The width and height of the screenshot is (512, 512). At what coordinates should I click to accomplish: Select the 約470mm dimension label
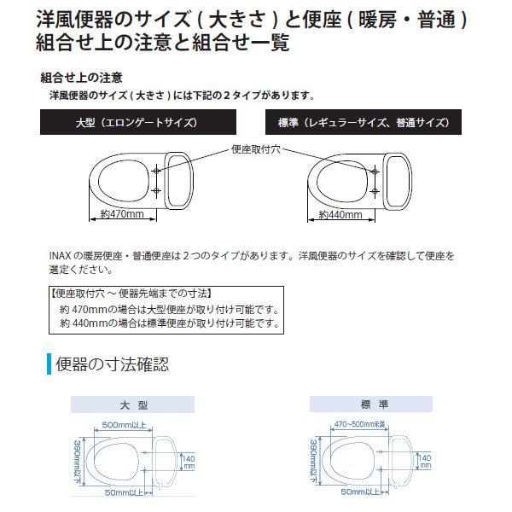click(x=121, y=213)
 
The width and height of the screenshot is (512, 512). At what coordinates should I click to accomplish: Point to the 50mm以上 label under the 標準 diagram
click(x=359, y=492)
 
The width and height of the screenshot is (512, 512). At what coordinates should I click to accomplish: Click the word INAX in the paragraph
click(x=63, y=255)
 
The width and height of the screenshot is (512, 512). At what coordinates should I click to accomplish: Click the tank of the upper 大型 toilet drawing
click(x=177, y=179)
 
